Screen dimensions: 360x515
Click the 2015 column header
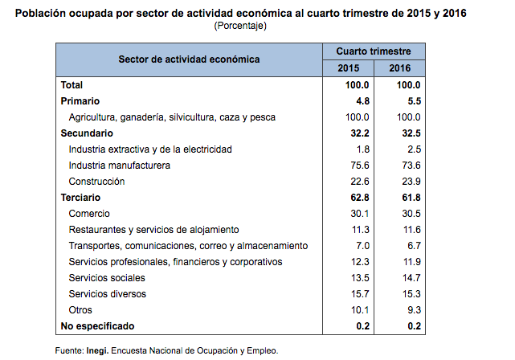(349, 67)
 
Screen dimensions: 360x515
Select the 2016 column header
(399, 67)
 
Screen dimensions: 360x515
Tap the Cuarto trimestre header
(374, 51)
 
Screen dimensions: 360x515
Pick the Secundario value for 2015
(355, 133)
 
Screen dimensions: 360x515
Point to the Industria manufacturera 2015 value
(358, 165)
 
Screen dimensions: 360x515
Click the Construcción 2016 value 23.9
(409, 181)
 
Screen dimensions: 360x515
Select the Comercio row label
(89, 213)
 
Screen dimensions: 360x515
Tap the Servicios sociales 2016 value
(409, 277)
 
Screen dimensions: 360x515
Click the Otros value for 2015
(358, 309)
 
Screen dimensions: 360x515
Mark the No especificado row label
(97, 325)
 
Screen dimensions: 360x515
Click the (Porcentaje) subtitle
(240, 26)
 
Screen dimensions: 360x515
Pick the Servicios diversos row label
(108, 293)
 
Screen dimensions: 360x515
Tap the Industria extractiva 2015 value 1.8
(361, 149)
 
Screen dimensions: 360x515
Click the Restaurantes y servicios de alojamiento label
(153, 229)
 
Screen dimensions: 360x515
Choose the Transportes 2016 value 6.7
(411, 245)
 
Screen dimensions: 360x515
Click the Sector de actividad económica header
(189, 59)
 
